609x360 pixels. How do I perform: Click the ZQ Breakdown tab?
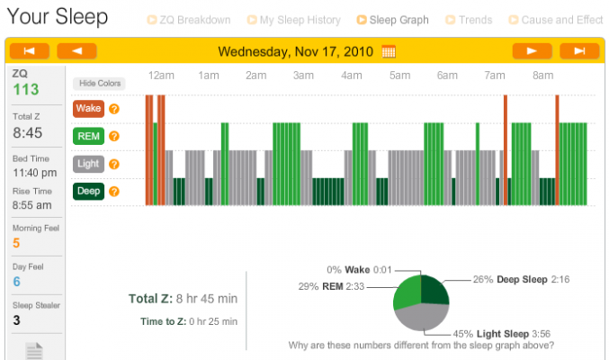pyautogui.click(x=194, y=20)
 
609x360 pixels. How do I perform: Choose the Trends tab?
pyautogui.click(x=469, y=20)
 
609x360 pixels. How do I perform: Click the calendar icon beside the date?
pyautogui.click(x=389, y=51)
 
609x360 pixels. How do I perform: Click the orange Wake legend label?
pyautogui.click(x=88, y=109)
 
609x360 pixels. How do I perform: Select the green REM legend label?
pyautogui.click(x=88, y=136)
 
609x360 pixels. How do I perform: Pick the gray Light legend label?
pyautogui.click(x=88, y=164)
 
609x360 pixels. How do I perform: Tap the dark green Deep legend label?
pyautogui.click(x=88, y=191)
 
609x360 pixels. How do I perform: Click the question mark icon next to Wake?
pyautogui.click(x=114, y=109)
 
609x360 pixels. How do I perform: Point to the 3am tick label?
pyautogui.click(x=303, y=76)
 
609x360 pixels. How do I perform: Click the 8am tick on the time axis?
pyautogui.click(x=542, y=76)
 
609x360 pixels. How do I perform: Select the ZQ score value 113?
pyautogui.click(x=26, y=89)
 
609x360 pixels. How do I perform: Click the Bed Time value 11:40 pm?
pyautogui.click(x=31, y=172)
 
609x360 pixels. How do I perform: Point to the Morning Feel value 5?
pyautogui.click(x=16, y=242)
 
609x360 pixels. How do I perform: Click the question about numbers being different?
pyautogui.click(x=421, y=345)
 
